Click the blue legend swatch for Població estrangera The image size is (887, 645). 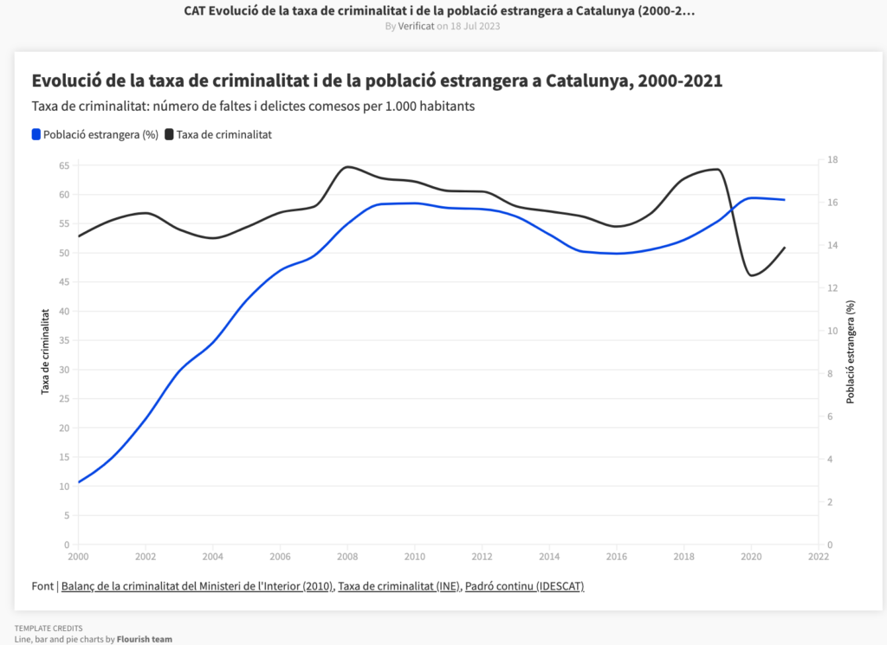[36, 134]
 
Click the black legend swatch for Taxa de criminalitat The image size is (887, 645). [169, 134]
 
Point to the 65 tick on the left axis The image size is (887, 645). [64, 164]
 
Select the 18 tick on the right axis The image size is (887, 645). [832, 159]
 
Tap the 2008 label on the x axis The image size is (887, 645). [347, 557]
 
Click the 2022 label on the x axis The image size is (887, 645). [818, 557]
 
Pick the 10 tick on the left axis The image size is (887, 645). [64, 487]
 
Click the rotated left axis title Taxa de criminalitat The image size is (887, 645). [46, 352]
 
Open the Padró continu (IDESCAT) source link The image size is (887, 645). [524, 586]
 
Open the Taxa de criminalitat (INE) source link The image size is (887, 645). [398, 586]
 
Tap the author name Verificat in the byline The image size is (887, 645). [416, 26]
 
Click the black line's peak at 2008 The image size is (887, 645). [347, 166]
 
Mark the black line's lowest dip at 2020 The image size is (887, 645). [750, 275]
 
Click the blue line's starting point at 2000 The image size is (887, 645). [79, 482]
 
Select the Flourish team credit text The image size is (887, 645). [145, 640]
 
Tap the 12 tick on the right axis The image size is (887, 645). [832, 288]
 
